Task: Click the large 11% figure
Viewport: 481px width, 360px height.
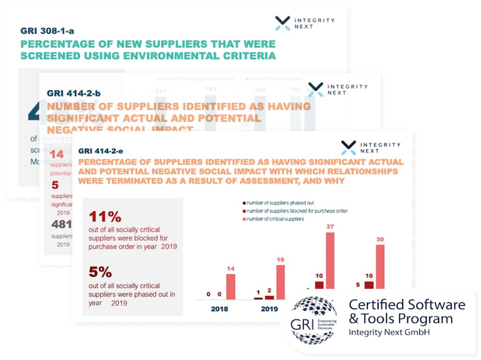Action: click(104, 217)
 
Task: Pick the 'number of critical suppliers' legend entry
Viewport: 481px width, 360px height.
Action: click(276, 219)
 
